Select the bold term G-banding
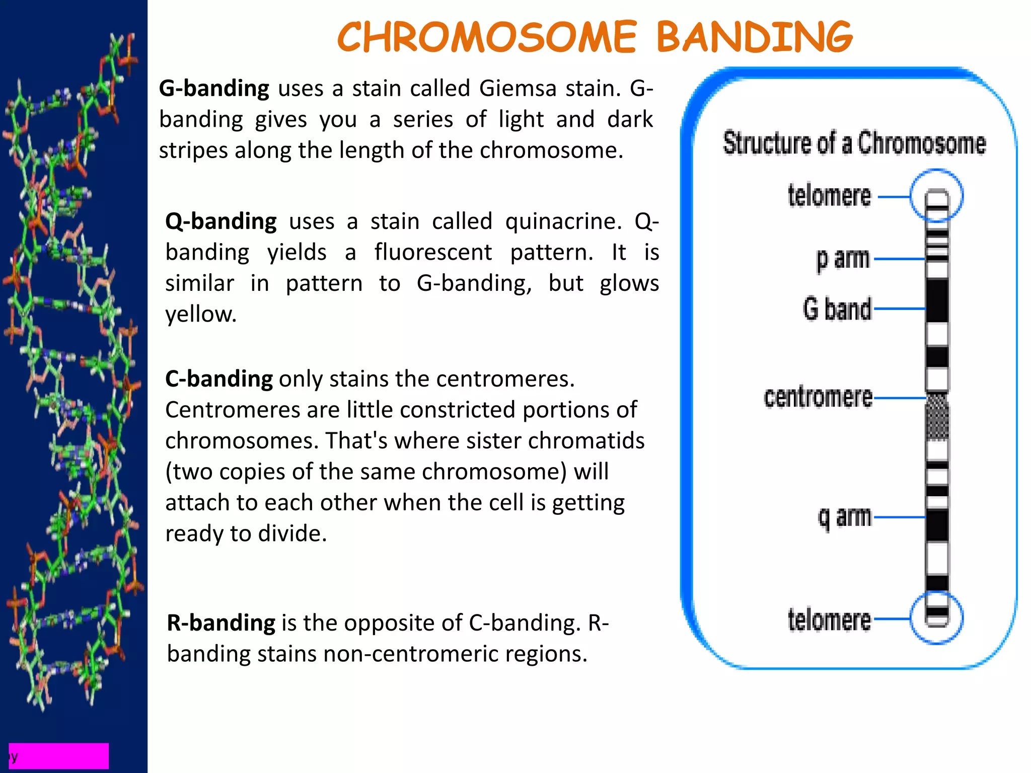[214, 88]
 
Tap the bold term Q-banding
[220, 221]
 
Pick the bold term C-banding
[219, 378]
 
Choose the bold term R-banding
[221, 623]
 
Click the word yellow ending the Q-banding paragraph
[200, 314]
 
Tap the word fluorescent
[433, 252]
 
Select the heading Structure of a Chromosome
[854, 143]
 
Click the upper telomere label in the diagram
[829, 196]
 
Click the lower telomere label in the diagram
[829, 620]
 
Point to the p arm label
[843, 259]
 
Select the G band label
[837, 308]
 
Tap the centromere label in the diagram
[818, 397]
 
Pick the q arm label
[844, 517]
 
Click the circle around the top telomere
[936, 171]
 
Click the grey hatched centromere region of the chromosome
[937, 417]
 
